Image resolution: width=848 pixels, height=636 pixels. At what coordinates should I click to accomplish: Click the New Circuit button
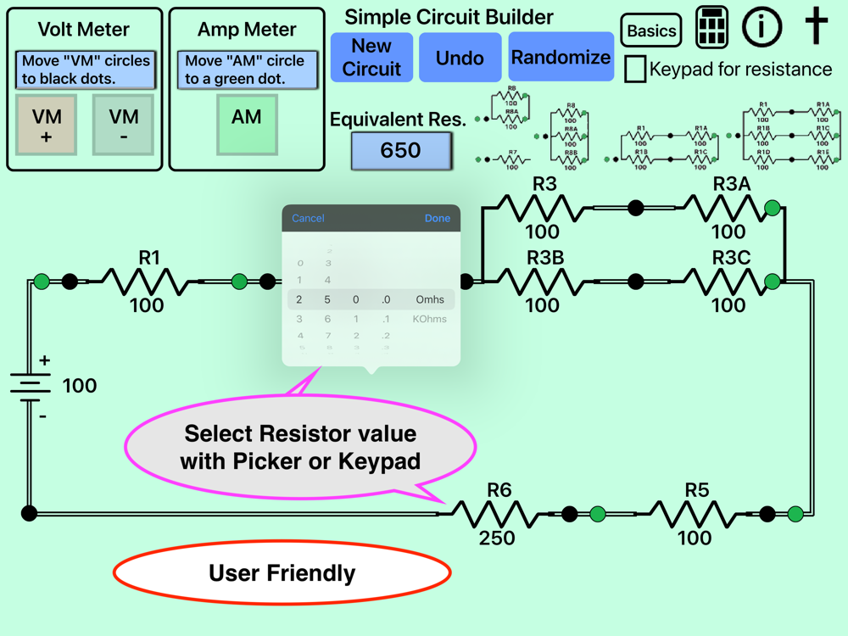371,58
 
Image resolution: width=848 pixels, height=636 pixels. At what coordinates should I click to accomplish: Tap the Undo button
460,58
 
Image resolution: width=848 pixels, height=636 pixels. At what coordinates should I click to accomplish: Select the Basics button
651,31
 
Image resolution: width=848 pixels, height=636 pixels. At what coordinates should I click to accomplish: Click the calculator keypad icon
712,28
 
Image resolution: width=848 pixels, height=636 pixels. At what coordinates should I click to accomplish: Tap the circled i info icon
762,27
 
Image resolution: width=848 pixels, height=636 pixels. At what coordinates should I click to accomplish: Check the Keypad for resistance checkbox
635,69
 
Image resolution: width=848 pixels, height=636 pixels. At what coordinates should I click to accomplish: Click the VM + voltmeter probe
47,125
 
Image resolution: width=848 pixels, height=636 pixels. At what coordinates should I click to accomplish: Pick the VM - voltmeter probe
124,125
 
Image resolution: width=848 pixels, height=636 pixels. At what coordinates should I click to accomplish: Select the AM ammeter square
247,125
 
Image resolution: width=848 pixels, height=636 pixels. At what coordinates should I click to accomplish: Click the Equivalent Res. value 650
401,151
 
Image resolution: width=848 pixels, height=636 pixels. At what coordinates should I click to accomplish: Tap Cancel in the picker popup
308,219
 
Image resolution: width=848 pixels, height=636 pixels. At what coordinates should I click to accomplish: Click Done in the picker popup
438,219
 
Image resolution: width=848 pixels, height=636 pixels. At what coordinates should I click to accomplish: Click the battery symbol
31,388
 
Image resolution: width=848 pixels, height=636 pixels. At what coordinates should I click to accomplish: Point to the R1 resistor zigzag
146,282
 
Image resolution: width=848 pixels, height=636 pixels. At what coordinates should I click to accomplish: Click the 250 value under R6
497,538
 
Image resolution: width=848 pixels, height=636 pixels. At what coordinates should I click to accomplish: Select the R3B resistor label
545,258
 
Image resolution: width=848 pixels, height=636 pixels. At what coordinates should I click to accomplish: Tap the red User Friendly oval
282,574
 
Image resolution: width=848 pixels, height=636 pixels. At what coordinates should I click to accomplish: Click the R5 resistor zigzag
695,514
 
